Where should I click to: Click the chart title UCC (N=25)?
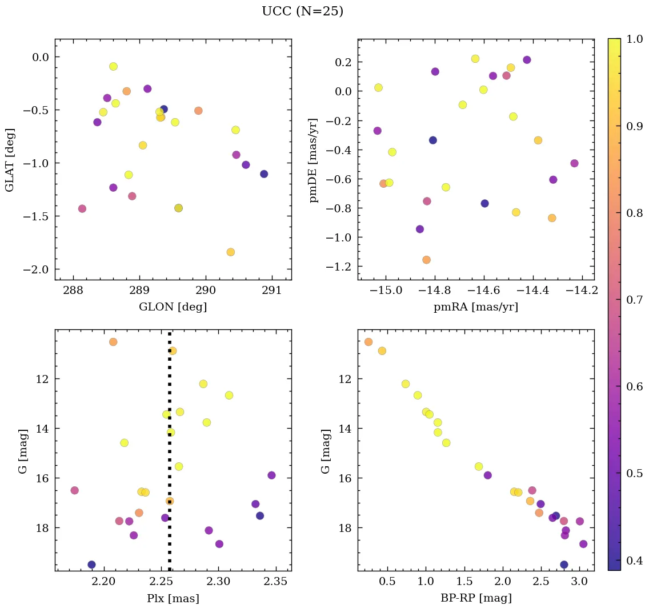coord(302,11)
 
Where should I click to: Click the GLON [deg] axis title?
coord(173,307)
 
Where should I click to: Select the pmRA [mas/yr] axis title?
coord(476,307)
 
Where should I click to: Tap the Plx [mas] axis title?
coord(173,598)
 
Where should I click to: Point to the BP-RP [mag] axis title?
coord(476,598)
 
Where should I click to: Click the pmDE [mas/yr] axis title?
coord(314,160)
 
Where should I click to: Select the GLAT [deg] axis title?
coord(10,160)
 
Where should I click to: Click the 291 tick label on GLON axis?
coord(271,291)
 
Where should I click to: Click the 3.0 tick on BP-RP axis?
coord(579,582)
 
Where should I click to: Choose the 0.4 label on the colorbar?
coord(634,560)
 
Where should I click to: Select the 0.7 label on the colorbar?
coord(634,300)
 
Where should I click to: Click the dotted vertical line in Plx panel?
coord(170,457)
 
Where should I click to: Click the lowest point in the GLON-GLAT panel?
coord(231,252)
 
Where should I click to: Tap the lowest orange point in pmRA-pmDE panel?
coord(426,260)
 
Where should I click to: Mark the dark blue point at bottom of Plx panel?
coord(91,564)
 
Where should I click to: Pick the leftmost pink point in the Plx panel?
coord(74,490)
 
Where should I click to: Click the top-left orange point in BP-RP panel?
coord(368,342)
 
